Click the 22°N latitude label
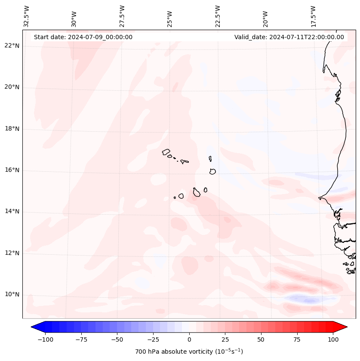pos(12,46)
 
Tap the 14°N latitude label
pos(12,211)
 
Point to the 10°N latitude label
pos(12,294)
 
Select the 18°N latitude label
pos(12,129)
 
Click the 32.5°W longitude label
pos(27,16)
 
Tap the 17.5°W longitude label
pos(313,16)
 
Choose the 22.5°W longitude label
pos(218,16)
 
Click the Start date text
pos(83,37)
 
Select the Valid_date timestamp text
pos(289,37)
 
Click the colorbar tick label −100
pos(45,339)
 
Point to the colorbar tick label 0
pos(189,339)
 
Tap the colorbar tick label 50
pos(261,339)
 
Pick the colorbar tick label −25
pos(153,339)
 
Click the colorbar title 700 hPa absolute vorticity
pos(189,352)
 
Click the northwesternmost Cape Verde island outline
pos(166,151)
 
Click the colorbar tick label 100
pos(333,339)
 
